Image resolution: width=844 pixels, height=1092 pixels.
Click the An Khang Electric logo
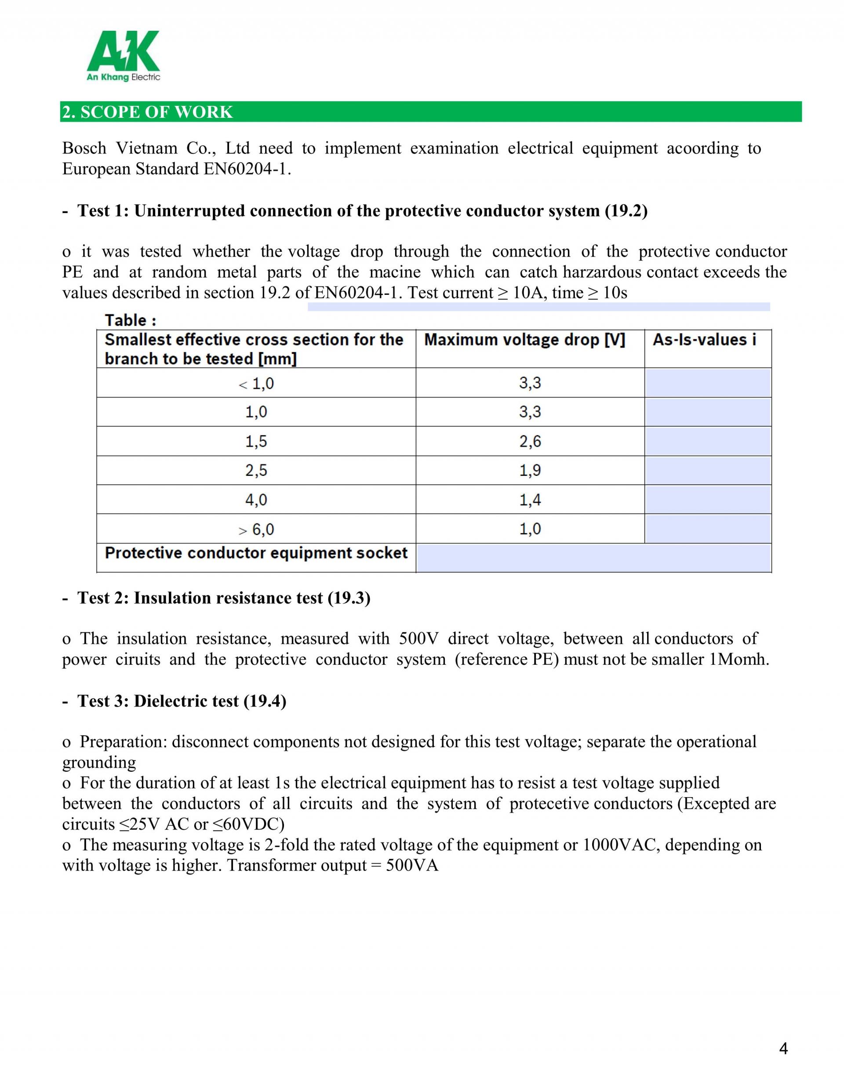pyautogui.click(x=123, y=55)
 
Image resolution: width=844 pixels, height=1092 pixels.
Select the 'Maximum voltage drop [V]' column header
pyautogui.click(x=524, y=340)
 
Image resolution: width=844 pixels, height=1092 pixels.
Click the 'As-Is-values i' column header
pyautogui.click(x=704, y=340)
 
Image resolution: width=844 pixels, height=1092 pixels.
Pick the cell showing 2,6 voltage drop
pyautogui.click(x=530, y=441)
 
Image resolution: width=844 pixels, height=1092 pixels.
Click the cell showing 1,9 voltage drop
pyautogui.click(x=530, y=471)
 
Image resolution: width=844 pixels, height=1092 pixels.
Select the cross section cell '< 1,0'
pyautogui.click(x=256, y=384)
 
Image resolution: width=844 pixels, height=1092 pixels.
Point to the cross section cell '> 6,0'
pyautogui.click(x=256, y=529)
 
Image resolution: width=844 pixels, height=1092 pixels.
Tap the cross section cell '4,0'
pyautogui.click(x=256, y=500)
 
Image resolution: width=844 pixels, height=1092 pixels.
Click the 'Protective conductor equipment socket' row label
pyautogui.click(x=256, y=553)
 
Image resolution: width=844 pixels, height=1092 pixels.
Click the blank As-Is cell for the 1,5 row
pyautogui.click(x=707, y=441)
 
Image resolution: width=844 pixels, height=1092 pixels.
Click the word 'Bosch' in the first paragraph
pyautogui.click(x=84, y=149)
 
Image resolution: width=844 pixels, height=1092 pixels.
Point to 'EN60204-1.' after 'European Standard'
pyautogui.click(x=247, y=169)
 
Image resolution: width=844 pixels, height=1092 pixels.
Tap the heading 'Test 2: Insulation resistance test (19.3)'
pyautogui.click(x=224, y=598)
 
